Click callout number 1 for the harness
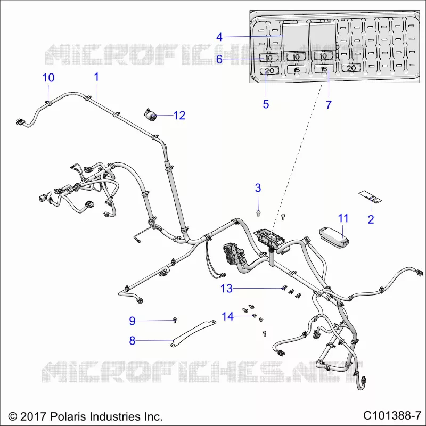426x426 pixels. (x=96, y=77)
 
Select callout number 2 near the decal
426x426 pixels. (x=371, y=219)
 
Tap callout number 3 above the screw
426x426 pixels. (x=258, y=188)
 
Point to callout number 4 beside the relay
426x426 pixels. (x=219, y=37)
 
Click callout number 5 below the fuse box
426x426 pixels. (x=266, y=104)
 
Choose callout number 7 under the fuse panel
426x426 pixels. (x=329, y=104)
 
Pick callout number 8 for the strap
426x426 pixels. (x=132, y=340)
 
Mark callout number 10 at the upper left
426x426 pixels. (x=48, y=78)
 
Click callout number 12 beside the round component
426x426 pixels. (x=179, y=116)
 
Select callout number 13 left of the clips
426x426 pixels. (x=226, y=289)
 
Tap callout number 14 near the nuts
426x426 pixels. (x=228, y=316)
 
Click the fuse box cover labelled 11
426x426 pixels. (x=334, y=237)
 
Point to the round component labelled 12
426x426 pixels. (x=150, y=116)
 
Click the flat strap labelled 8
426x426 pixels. (x=193, y=333)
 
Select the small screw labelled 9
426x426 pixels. (x=175, y=320)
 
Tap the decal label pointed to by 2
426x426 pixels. (x=370, y=196)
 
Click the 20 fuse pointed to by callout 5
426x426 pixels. (x=269, y=71)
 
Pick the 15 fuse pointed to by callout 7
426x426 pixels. (x=324, y=69)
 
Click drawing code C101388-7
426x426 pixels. (x=392, y=415)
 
